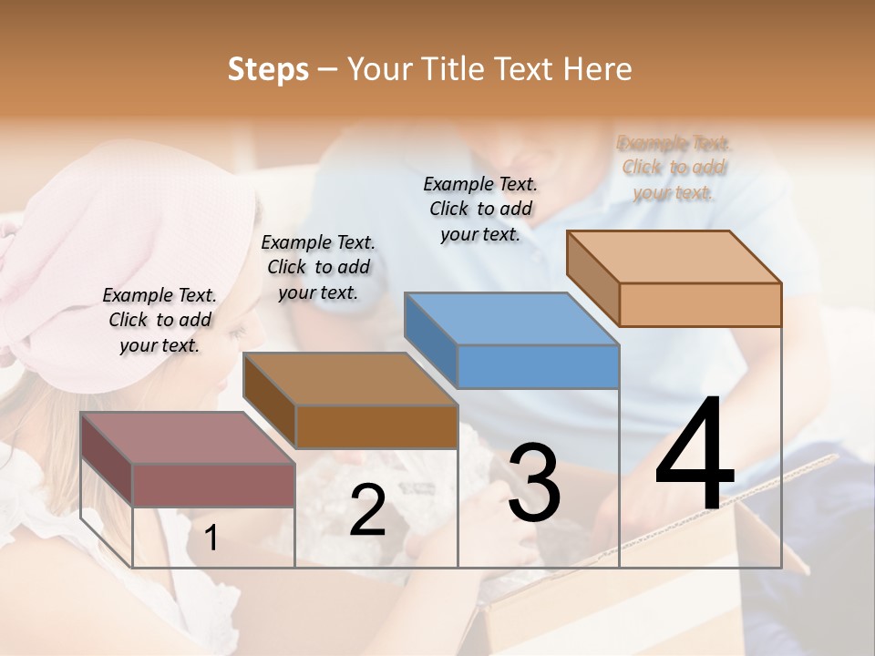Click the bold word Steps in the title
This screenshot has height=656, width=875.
268,69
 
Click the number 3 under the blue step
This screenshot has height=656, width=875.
534,483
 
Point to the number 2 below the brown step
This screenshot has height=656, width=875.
367,510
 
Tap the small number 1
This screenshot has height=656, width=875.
211,538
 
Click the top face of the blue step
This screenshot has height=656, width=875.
510,320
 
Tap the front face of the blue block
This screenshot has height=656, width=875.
538,367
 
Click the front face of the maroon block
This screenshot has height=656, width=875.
213,485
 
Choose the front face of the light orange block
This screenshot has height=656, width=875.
700,304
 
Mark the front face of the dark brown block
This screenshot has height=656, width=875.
376,426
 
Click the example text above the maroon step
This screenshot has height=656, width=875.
160,320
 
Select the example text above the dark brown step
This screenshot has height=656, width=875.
318,267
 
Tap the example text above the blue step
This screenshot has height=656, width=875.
480,209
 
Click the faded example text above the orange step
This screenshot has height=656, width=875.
674,168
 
